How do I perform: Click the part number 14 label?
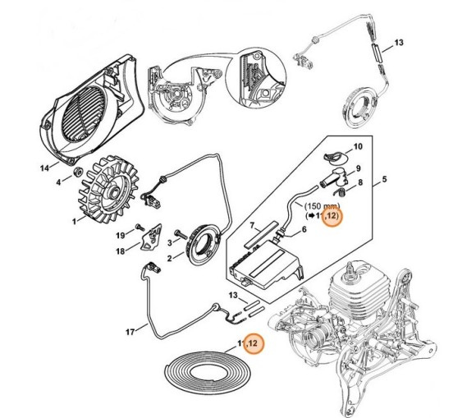tap(44, 168)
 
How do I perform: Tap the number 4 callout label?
tap(58, 182)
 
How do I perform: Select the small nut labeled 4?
tap(78, 172)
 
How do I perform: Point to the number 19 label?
tap(121, 235)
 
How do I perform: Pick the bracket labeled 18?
tap(151, 237)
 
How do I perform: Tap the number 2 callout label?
tap(170, 258)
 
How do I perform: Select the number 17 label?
tap(130, 332)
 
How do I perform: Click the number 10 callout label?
tap(358, 146)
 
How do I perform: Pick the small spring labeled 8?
tap(339, 191)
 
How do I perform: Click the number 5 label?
tap(384, 179)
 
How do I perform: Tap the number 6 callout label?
tap(304, 230)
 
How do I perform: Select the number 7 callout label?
tap(252, 225)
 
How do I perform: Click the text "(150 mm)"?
tap(322, 206)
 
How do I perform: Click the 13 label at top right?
tap(399, 42)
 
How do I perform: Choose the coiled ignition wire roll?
tap(208, 371)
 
